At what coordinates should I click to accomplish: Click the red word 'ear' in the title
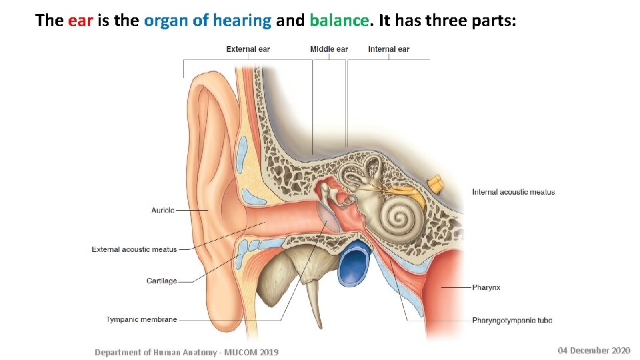(x=81, y=21)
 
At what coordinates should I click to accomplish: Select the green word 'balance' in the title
(x=339, y=21)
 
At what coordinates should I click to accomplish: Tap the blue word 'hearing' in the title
(x=241, y=21)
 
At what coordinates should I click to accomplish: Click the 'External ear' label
(x=248, y=49)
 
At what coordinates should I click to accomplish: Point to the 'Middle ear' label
(x=329, y=49)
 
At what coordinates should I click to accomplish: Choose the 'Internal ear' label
(x=389, y=49)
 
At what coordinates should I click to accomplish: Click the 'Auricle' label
(x=163, y=210)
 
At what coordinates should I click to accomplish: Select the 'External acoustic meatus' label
(x=135, y=249)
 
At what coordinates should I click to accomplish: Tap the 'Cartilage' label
(x=161, y=281)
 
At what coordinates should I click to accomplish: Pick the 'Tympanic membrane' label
(x=141, y=319)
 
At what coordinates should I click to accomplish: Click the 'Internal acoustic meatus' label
(x=513, y=192)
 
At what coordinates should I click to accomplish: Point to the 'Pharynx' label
(x=486, y=287)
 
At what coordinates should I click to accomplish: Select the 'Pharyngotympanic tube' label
(x=512, y=320)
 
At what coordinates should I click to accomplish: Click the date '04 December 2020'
(x=593, y=351)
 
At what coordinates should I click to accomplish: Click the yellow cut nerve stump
(x=437, y=182)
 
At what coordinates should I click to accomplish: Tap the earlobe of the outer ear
(x=212, y=313)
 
